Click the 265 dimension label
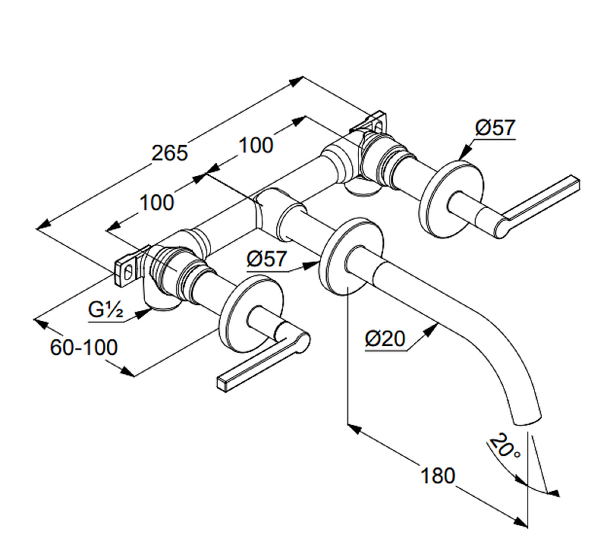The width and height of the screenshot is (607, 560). [x=168, y=153]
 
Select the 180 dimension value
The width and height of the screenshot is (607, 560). [x=438, y=476]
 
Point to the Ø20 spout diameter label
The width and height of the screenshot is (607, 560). [x=385, y=340]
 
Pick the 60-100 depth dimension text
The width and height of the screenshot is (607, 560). [x=84, y=348]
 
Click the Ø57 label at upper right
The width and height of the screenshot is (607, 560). [x=495, y=128]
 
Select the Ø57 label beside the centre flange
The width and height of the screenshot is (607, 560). [x=267, y=259]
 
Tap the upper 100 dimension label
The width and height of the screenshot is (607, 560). [x=256, y=145]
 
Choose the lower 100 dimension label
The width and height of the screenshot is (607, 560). [x=157, y=203]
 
